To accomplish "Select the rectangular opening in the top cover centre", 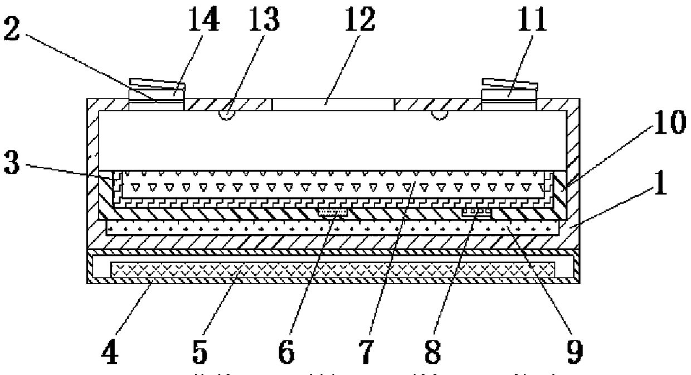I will [333, 104].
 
